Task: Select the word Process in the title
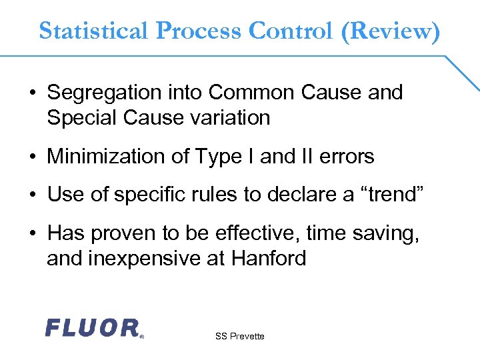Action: tap(199, 31)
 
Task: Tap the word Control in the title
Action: tap(291, 31)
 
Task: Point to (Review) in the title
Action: tap(390, 31)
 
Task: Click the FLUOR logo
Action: tap(93, 327)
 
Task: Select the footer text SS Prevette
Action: tap(239, 336)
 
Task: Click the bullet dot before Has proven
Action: tap(33, 234)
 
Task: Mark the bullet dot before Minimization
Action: tap(33, 157)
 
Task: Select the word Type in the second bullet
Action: tap(223, 157)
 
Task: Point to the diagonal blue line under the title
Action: tap(461, 73)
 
